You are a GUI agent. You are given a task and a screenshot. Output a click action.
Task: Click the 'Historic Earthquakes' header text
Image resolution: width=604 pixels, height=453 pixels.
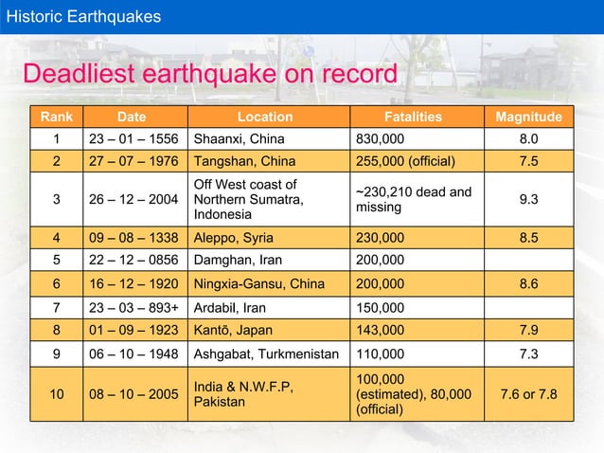(x=84, y=16)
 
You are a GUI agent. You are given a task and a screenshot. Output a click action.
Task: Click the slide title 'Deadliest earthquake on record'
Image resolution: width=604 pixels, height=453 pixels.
(x=209, y=75)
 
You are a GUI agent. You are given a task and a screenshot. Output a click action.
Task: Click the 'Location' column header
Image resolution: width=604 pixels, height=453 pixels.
(x=264, y=118)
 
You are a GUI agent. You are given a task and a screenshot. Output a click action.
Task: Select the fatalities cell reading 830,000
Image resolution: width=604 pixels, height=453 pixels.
(x=381, y=139)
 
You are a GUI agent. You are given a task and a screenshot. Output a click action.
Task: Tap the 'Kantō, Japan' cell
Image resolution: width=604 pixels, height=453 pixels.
(x=232, y=330)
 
